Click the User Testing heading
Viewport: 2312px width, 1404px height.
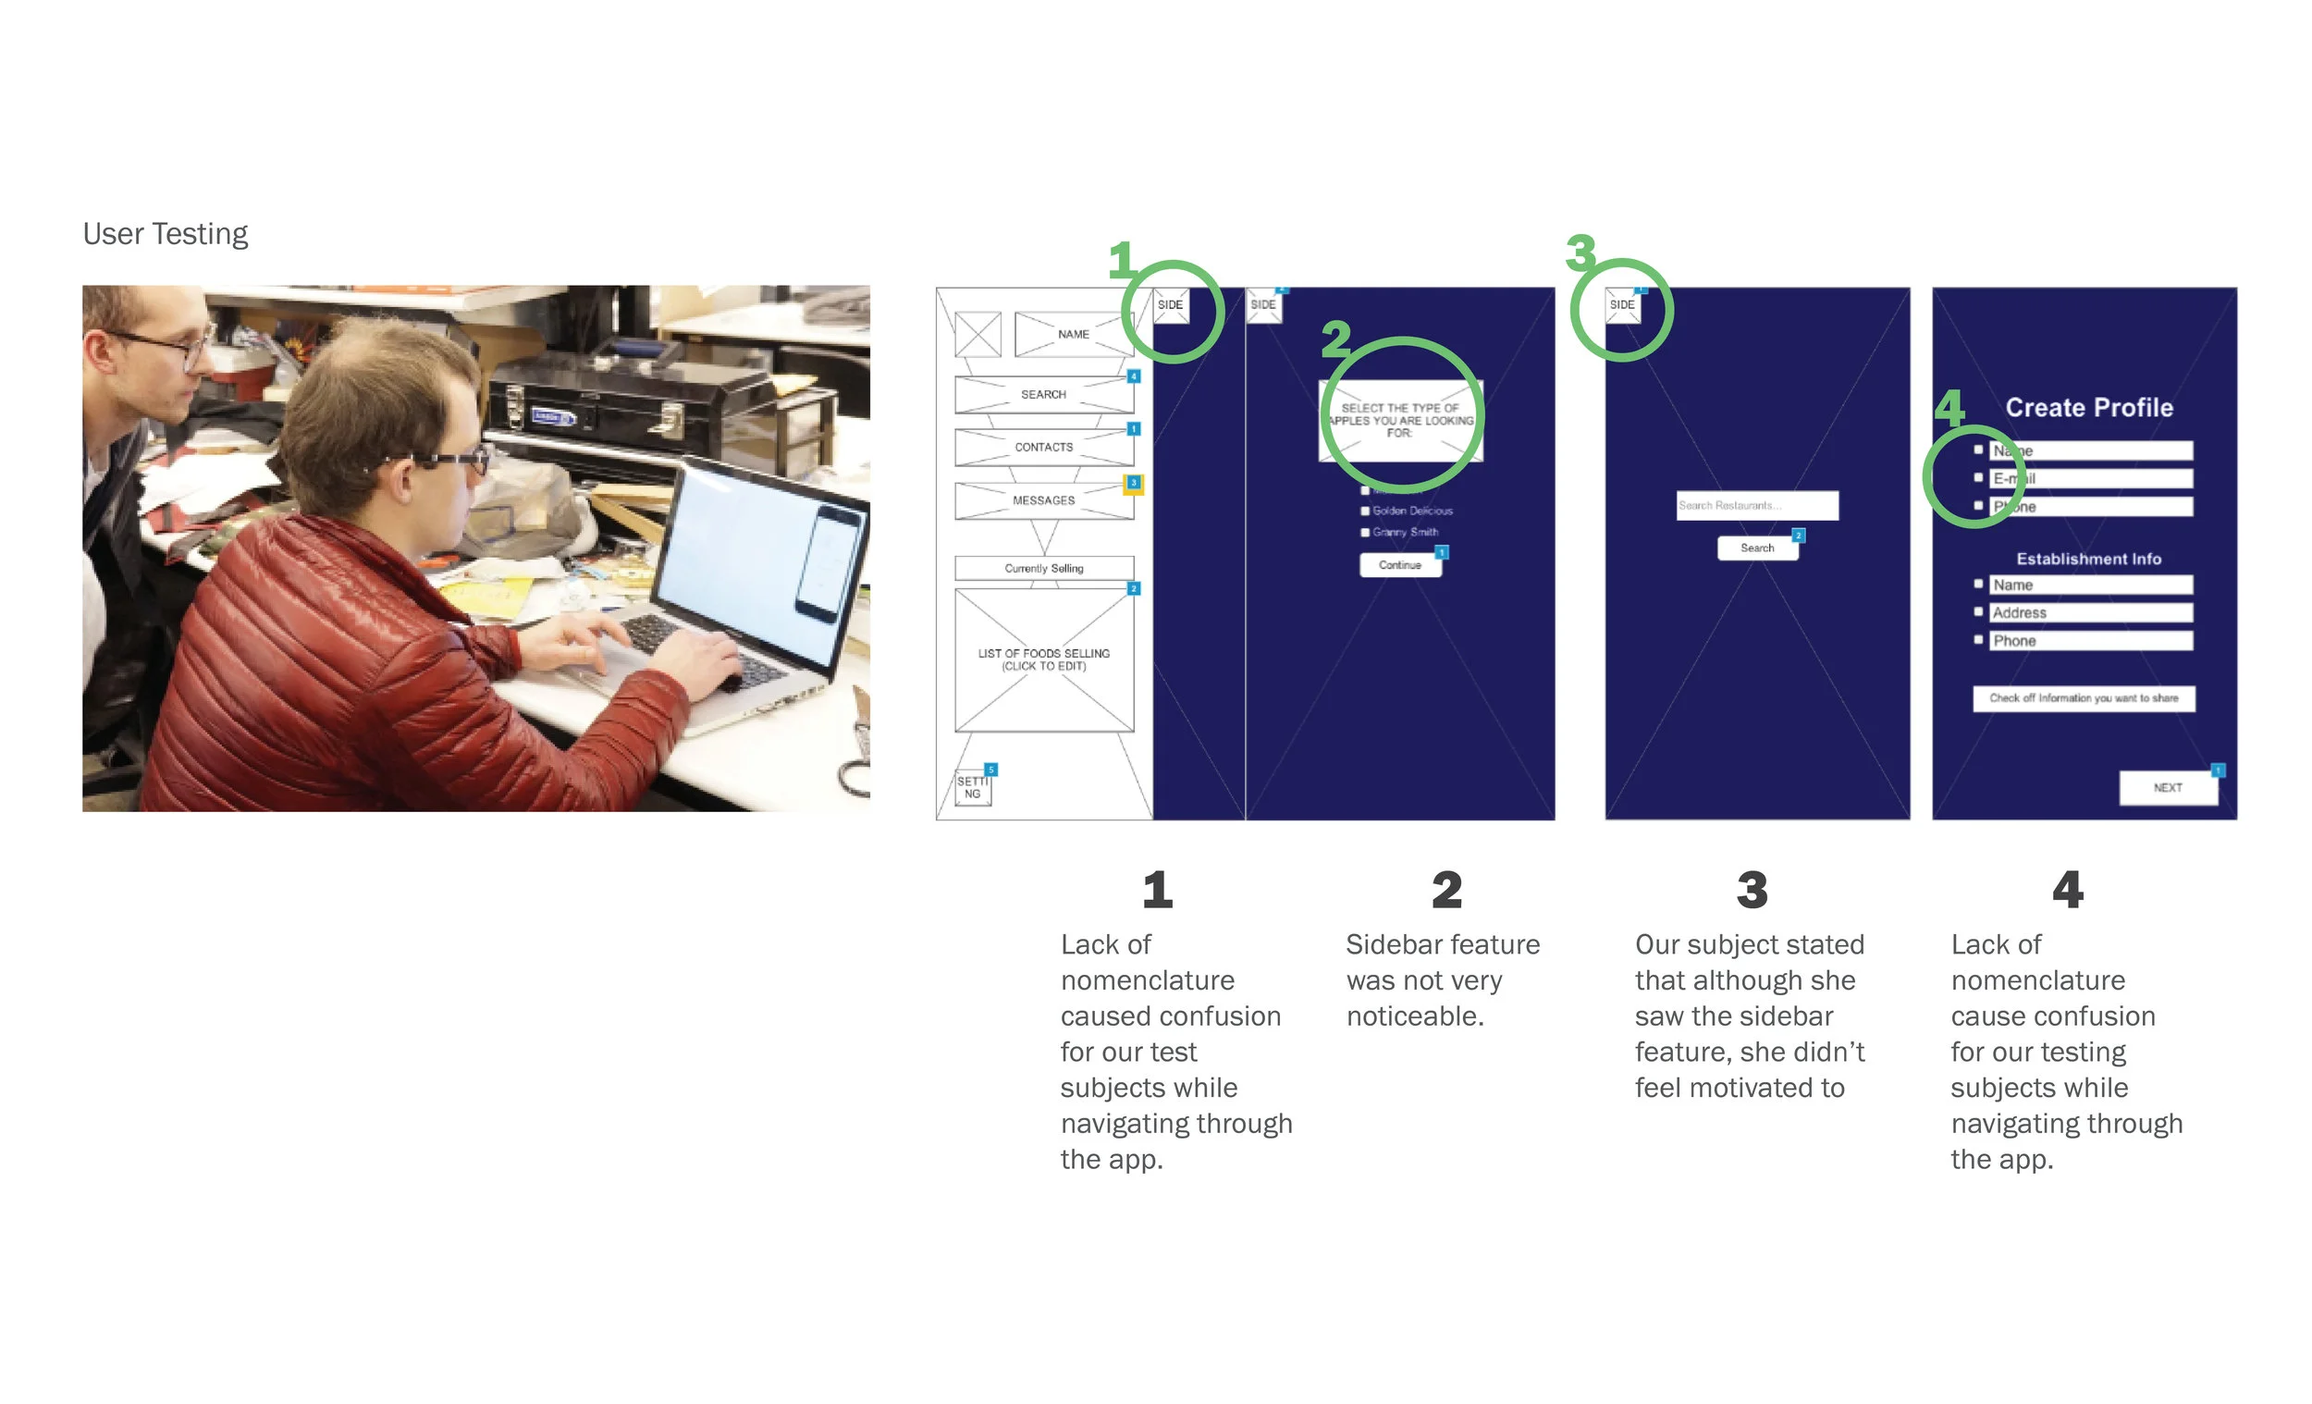(x=166, y=234)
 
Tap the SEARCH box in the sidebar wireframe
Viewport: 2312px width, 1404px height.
(x=1043, y=395)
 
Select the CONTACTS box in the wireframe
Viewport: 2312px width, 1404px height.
(x=1043, y=448)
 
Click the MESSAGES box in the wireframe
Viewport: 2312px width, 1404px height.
(x=1043, y=501)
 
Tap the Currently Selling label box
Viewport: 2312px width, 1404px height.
(x=1043, y=569)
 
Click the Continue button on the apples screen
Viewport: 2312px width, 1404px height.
(x=1400, y=565)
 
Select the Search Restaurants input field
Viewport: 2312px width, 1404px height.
(x=1756, y=506)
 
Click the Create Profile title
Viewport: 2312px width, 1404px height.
(x=2089, y=408)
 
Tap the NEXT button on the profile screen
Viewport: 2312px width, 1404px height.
(x=2168, y=788)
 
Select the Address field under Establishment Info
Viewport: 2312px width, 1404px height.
(x=2091, y=613)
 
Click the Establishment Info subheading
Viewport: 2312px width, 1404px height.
(x=2089, y=560)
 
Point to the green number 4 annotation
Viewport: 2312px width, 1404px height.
(x=1949, y=407)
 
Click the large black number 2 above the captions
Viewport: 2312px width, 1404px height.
(x=1447, y=890)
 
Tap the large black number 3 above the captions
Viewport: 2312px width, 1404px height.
(x=1752, y=890)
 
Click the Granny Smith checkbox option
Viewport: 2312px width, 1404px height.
(x=1365, y=533)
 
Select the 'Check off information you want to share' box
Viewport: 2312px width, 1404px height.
(x=2083, y=698)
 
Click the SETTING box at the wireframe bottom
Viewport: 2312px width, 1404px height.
(x=973, y=788)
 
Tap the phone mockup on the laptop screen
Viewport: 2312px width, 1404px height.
(x=829, y=563)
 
